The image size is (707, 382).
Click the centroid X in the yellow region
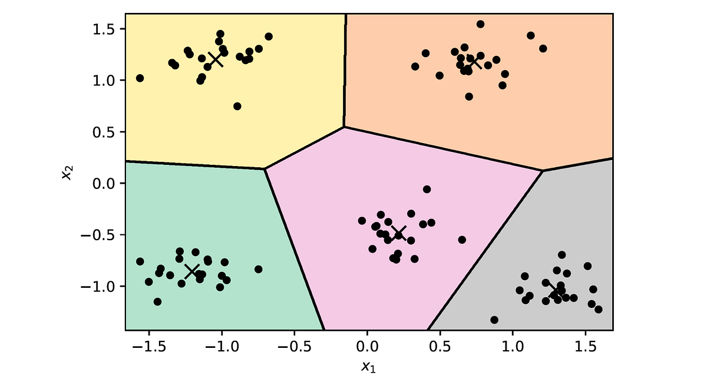click(216, 59)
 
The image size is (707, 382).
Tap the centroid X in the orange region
click(475, 61)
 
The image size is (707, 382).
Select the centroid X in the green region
click(192, 271)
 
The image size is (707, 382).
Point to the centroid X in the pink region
click(399, 232)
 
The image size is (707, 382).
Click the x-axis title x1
click(369, 367)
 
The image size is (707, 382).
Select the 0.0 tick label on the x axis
click(367, 346)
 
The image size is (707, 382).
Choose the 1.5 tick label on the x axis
click(585, 346)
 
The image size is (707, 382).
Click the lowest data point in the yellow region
click(237, 107)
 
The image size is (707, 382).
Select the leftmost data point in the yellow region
click(140, 78)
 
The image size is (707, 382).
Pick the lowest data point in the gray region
click(494, 320)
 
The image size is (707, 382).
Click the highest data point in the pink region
click(427, 189)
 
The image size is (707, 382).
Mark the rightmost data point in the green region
click(258, 269)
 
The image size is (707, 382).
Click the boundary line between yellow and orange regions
click(345, 71)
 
